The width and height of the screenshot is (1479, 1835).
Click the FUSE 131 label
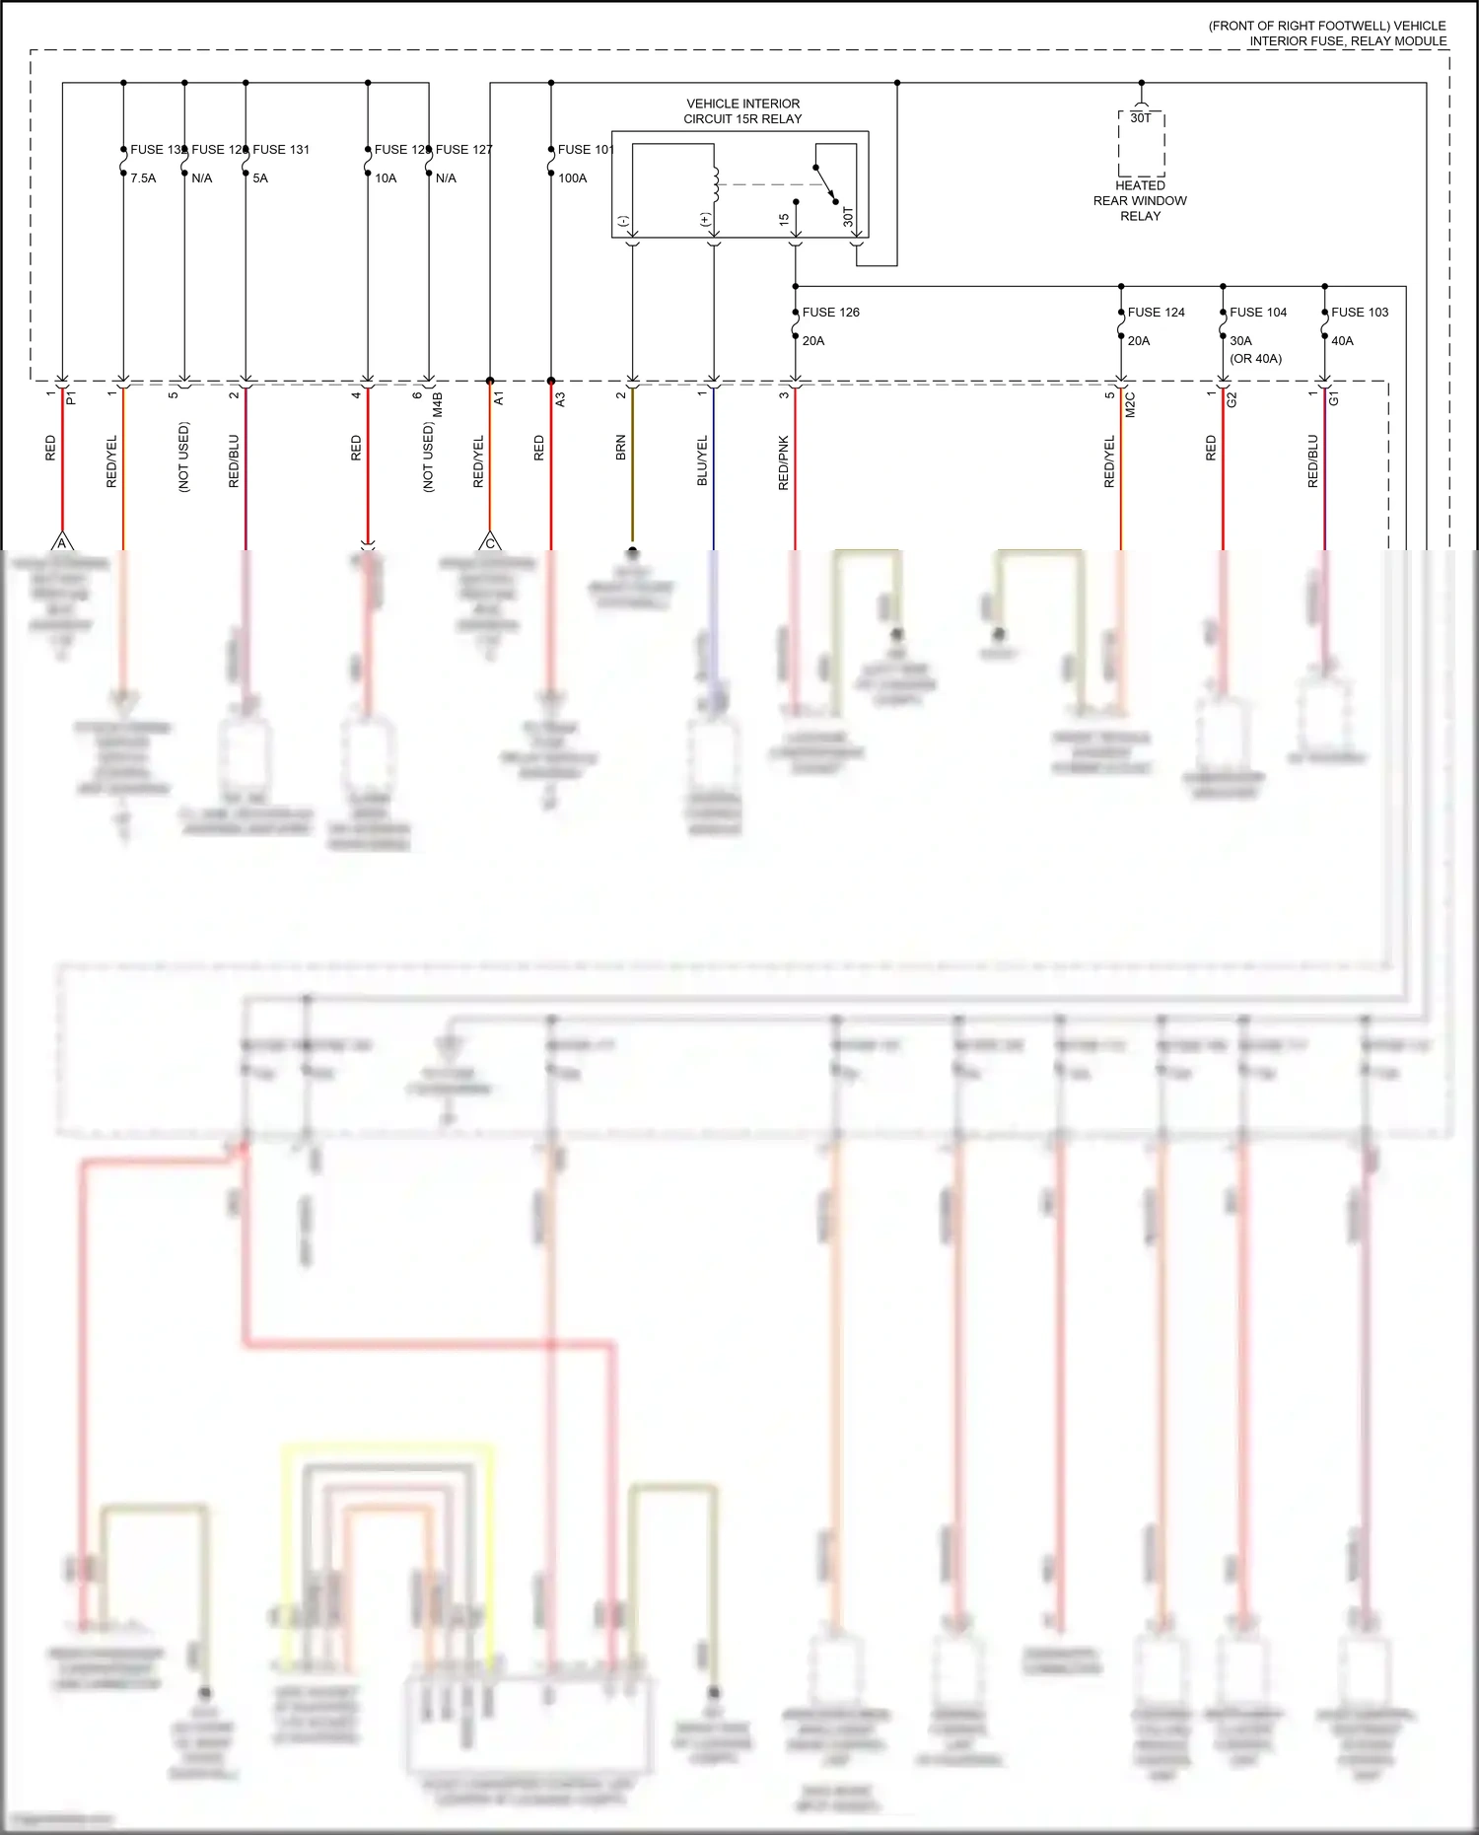pos(281,150)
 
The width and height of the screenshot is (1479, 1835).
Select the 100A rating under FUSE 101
pos(573,178)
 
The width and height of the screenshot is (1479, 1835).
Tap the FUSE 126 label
pos(830,313)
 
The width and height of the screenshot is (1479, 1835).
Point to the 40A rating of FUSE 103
pos(1342,341)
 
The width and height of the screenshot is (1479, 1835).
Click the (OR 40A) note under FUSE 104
pos(1255,359)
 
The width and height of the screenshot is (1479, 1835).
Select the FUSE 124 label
pos(1156,313)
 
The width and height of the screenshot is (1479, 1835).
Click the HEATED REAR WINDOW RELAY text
pos(1140,201)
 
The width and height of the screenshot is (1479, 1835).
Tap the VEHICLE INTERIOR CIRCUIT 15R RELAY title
pos(742,111)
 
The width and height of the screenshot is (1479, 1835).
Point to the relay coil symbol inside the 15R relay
pos(715,184)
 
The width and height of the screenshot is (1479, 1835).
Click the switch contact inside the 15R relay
pos(826,183)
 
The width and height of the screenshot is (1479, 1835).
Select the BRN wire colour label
pos(621,449)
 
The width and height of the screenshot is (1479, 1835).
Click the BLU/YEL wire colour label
pos(703,460)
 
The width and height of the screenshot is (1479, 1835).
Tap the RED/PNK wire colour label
pos(784,462)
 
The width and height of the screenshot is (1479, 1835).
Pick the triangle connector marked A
pos(62,542)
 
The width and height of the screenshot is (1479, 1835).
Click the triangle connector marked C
pos(490,542)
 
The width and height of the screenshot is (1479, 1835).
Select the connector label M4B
pos(439,404)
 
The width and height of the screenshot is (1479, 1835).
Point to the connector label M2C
pos(1131,404)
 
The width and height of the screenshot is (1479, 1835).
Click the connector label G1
pos(1334,398)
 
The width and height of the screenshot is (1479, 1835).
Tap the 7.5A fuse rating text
pos(143,178)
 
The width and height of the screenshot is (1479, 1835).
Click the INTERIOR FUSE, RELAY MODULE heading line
pos(1347,41)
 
